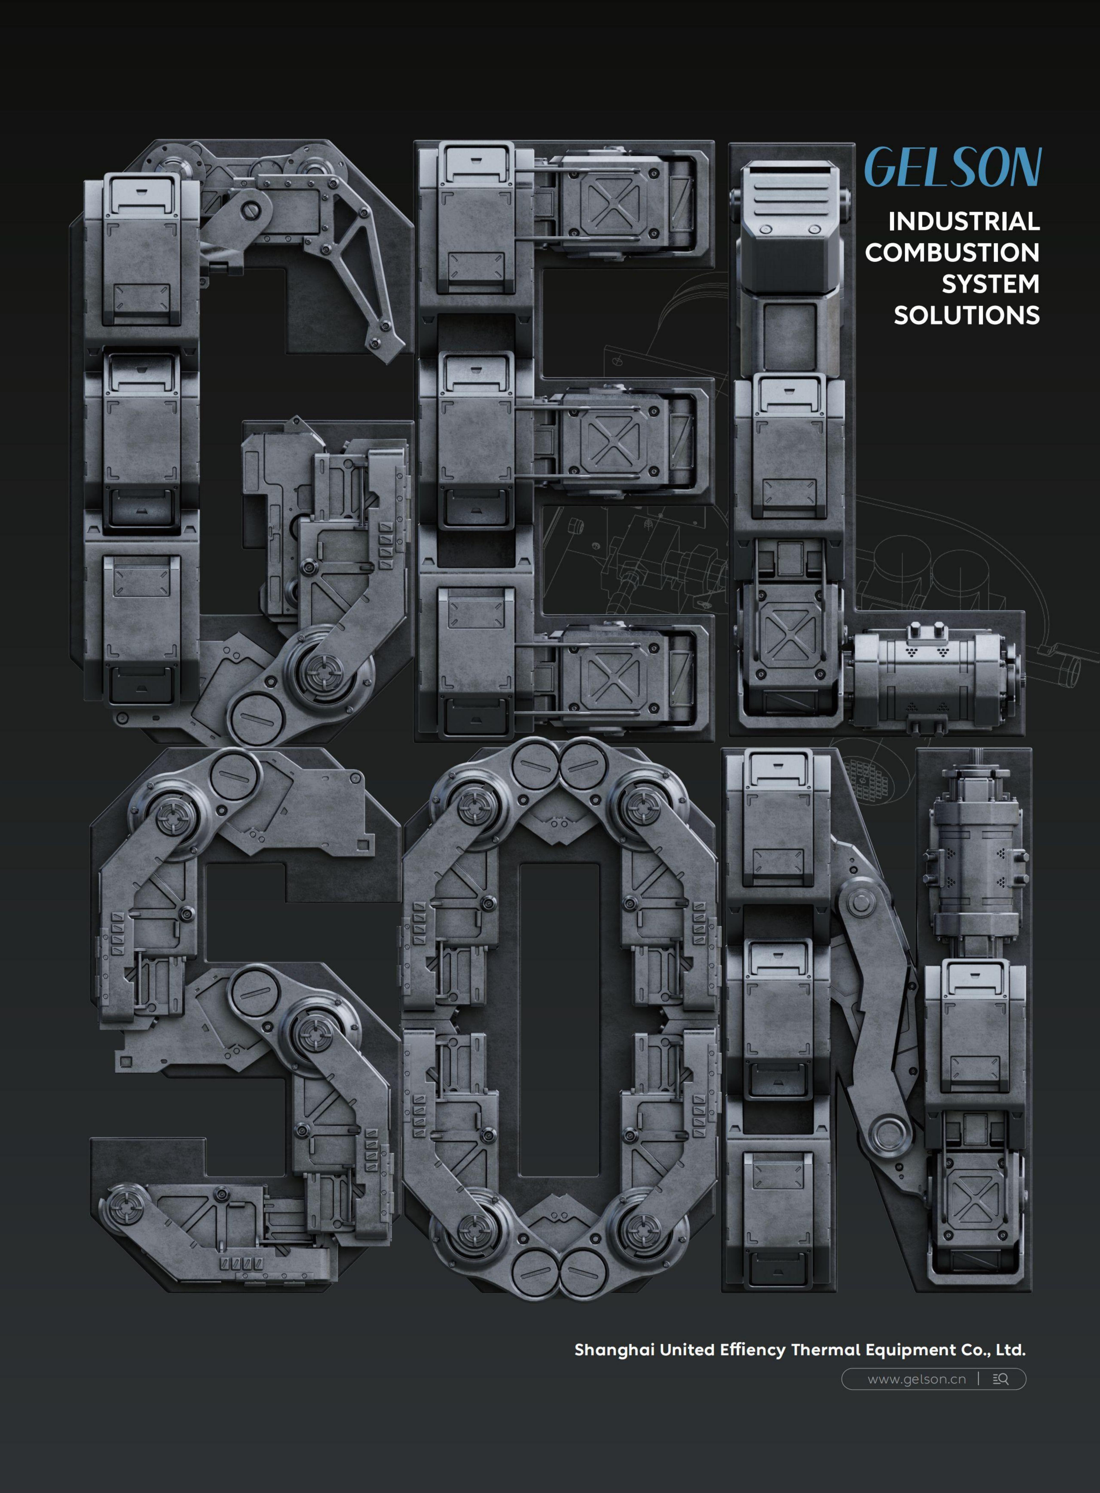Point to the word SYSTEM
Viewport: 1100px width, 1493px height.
pyautogui.click(x=990, y=284)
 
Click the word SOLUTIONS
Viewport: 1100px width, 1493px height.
pyautogui.click(x=966, y=316)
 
